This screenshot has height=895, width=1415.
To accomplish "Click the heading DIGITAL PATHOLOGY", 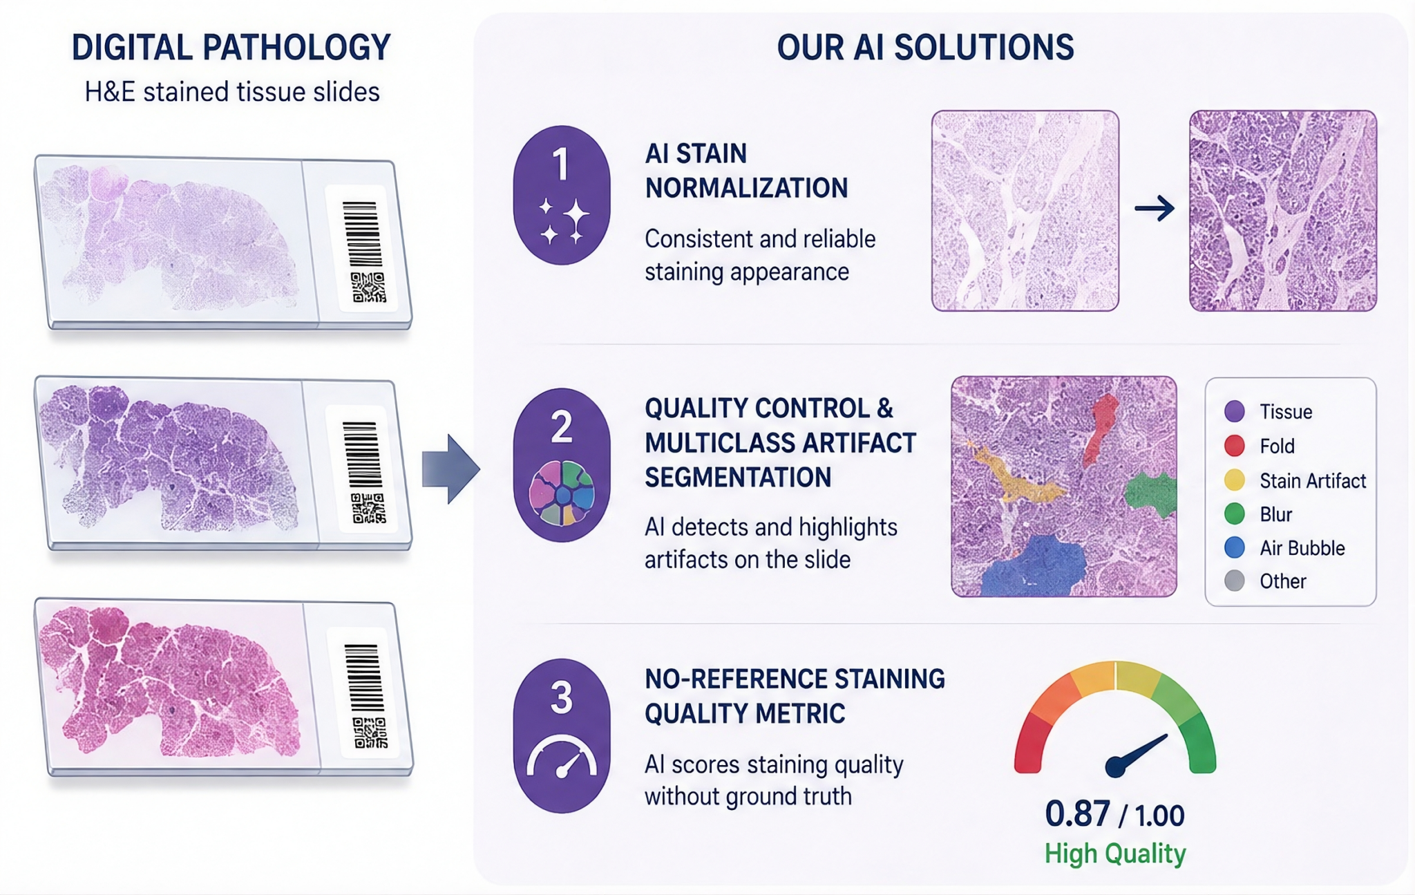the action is point(231,48).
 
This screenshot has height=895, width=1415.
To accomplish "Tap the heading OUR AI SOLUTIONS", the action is point(925,48).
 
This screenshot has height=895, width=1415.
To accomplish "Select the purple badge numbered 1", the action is point(562,194).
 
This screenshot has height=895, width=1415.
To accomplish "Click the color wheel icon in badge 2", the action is point(562,493).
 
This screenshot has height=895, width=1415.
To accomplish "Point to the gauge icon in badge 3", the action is point(562,757).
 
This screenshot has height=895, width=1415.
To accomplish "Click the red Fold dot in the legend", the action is point(1235,446).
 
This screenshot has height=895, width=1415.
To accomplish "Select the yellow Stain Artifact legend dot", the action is point(1235,480).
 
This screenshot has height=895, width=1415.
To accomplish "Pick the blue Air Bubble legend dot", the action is point(1235,547).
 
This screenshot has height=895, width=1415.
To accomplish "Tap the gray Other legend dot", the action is point(1235,581).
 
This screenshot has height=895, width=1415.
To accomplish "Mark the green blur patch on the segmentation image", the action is point(1150,495).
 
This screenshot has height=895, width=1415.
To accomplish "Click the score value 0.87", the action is point(1077,814).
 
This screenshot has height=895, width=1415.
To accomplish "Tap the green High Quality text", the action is point(1115,854).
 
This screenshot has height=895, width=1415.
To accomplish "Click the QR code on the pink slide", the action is point(370,733).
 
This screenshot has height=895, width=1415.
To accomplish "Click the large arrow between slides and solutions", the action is point(450,469).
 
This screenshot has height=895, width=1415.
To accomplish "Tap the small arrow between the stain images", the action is point(1155,208).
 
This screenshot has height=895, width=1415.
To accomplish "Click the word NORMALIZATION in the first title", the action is point(746,188).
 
